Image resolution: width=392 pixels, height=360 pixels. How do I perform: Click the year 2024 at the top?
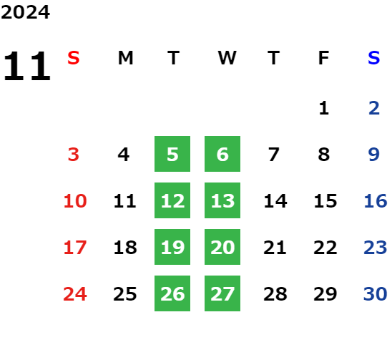tap(25, 12)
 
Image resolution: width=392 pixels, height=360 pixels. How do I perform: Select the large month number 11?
tap(27, 66)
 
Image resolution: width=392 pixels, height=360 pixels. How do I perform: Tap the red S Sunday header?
tap(74, 58)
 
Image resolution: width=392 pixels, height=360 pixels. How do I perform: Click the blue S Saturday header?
tap(373, 58)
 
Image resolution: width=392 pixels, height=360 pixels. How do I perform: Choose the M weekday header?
tap(125, 58)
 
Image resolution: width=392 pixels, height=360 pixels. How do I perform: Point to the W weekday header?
tap(227, 58)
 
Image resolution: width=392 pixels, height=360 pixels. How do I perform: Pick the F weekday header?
tap(324, 58)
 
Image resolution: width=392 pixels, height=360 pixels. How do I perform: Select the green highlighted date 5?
tap(172, 154)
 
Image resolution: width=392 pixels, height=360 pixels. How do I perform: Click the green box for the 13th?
tap(222, 200)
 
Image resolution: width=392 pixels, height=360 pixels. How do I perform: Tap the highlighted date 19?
tap(172, 247)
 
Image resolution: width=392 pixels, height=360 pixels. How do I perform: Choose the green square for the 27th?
tap(222, 293)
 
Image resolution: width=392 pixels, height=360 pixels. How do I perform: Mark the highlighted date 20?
tap(222, 247)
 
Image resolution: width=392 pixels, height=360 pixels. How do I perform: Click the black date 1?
tap(324, 108)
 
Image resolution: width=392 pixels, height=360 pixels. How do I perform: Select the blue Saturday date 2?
tap(374, 108)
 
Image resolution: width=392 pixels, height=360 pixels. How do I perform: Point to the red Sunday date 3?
tap(74, 154)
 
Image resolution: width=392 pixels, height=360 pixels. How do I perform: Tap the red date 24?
tap(75, 293)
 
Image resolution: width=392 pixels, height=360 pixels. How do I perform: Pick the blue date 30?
tap(376, 293)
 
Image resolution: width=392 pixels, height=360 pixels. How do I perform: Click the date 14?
tap(275, 200)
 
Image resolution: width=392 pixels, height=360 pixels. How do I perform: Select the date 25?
tap(125, 293)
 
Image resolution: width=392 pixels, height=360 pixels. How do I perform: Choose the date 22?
tap(325, 247)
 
